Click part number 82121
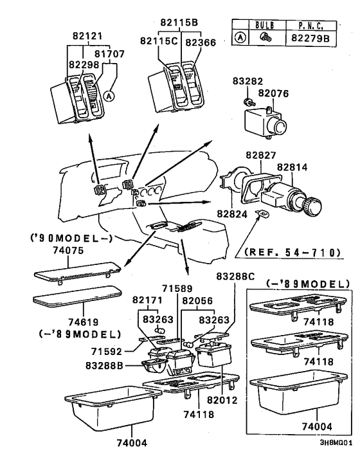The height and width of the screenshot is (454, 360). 87,36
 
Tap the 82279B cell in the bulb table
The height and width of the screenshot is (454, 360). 310,38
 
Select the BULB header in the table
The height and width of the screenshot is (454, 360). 265,25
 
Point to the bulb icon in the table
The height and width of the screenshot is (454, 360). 264,37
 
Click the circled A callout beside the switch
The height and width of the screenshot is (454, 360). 109,96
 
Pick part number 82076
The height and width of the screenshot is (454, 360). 273,93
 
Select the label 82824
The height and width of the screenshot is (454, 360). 232,214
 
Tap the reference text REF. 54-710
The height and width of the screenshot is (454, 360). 292,253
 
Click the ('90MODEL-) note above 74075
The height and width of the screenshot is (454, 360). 71,238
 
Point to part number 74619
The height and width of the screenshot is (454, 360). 84,322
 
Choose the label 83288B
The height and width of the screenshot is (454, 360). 105,365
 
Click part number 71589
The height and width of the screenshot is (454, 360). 177,288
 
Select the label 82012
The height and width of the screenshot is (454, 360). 222,400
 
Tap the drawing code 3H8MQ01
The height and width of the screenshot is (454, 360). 336,442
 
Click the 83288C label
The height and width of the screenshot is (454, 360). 235,277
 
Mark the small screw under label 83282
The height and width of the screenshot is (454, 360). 248,102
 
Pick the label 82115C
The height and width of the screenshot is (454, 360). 159,41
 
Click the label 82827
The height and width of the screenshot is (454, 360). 261,155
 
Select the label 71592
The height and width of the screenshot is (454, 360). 107,352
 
